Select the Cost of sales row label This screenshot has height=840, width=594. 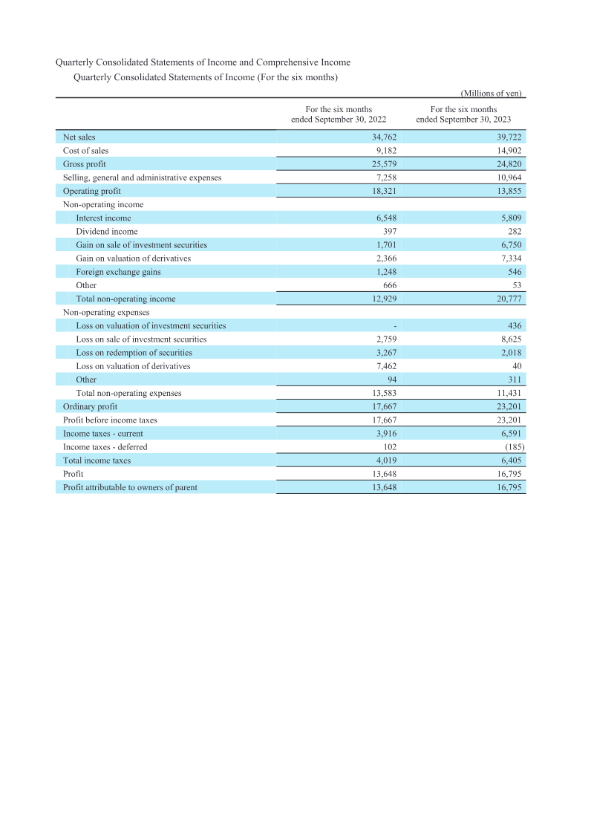(x=85, y=151)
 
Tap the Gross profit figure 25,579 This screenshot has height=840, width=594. (x=384, y=164)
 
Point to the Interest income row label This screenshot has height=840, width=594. (x=103, y=218)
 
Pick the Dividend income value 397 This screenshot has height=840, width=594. (x=389, y=232)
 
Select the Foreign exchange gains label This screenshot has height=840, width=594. (x=118, y=272)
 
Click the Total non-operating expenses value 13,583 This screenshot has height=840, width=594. (x=384, y=393)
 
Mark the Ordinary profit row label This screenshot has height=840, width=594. (x=90, y=406)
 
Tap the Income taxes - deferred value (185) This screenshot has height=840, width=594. (x=510, y=447)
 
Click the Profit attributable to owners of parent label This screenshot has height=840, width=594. (x=130, y=487)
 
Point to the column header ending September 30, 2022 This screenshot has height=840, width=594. (x=339, y=114)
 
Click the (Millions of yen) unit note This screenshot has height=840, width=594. (x=492, y=93)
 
